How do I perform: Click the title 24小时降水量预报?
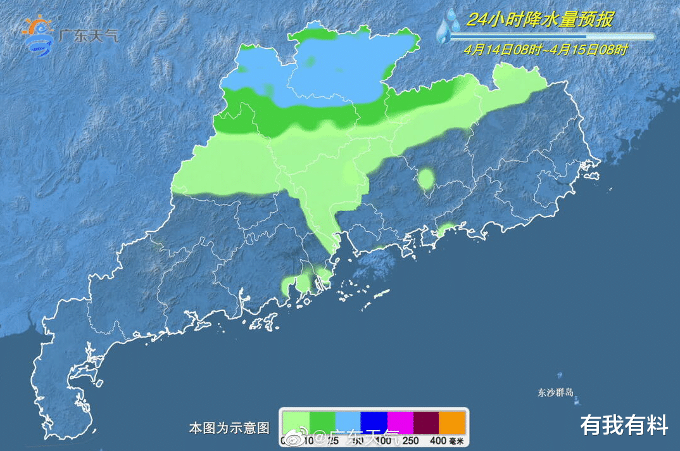(540, 20)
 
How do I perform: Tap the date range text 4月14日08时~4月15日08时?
(545, 49)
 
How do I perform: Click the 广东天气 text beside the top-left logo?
(87, 35)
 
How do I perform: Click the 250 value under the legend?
(410, 440)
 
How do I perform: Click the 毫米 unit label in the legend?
(456, 440)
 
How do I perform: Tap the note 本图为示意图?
(229, 428)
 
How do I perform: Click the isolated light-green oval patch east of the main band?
(426, 179)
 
